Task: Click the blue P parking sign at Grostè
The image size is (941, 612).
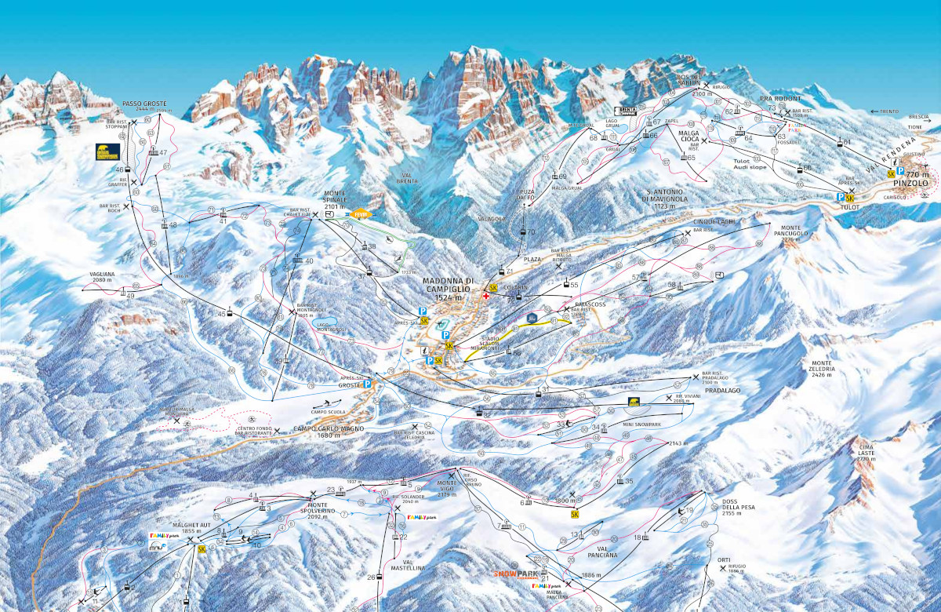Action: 368,384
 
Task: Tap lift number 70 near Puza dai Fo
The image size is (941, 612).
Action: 530,232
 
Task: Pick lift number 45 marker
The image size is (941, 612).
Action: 222,314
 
